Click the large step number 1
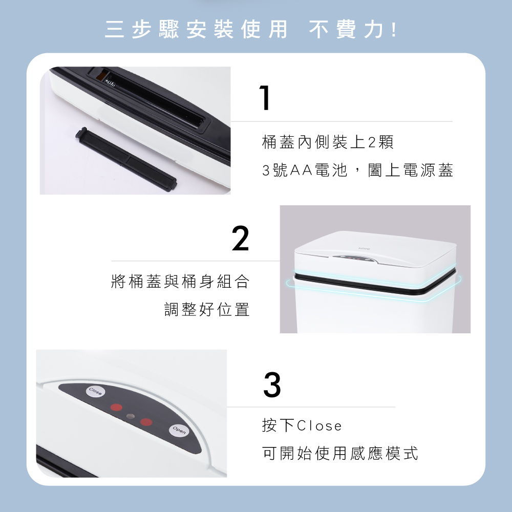(x=265, y=97)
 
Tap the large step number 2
(x=240, y=238)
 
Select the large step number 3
(x=272, y=385)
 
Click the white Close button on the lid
(x=95, y=392)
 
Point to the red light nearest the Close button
(x=116, y=407)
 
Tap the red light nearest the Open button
(x=146, y=422)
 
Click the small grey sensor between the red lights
(x=130, y=416)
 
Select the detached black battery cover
(x=126, y=159)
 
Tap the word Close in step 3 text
(x=319, y=426)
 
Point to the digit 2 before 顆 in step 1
(x=372, y=142)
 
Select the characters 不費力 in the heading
(x=346, y=29)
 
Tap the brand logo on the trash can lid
(x=364, y=249)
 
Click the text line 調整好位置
(x=207, y=309)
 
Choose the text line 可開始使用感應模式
(x=340, y=453)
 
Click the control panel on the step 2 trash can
(x=355, y=258)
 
